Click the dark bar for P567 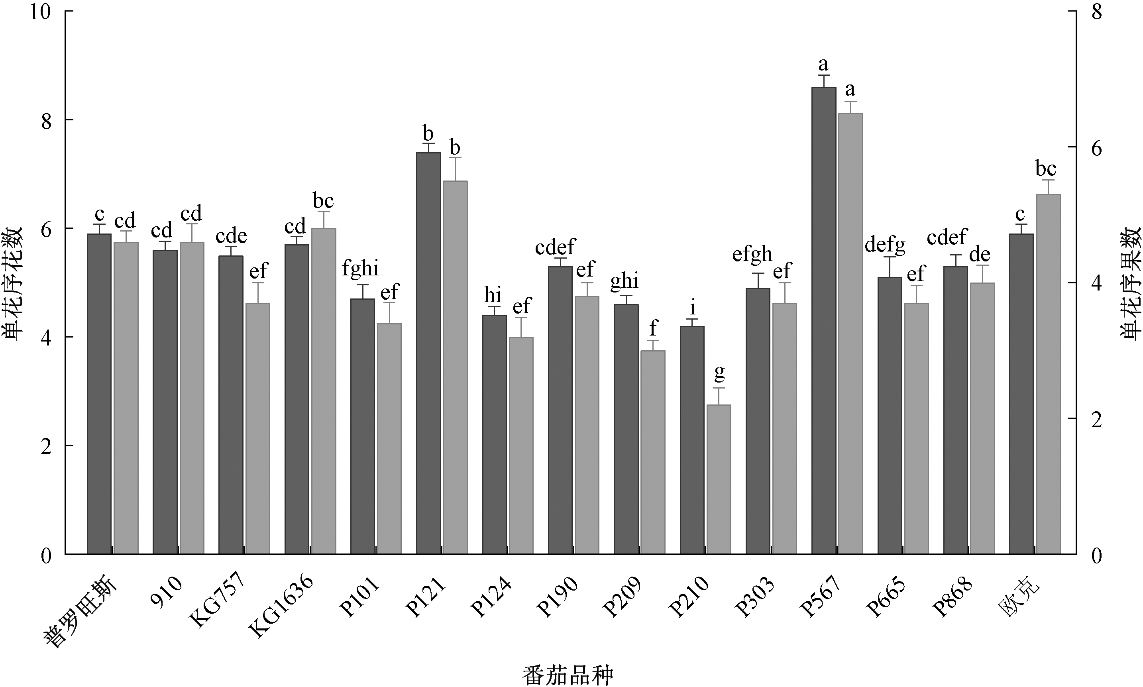coord(823,320)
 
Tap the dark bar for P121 coord(428,353)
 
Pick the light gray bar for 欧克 coord(1048,374)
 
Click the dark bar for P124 coord(495,434)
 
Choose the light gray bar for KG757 coord(258,428)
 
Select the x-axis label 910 coord(166,589)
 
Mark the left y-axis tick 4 coord(46,337)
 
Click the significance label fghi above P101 coord(360,269)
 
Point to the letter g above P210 coord(719,372)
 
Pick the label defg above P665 coord(885,244)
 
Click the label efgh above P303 coord(752,254)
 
